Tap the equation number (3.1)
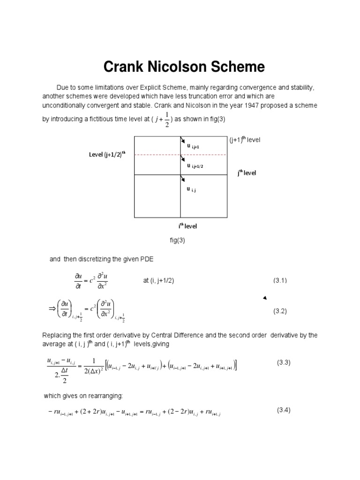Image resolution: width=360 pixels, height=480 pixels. tap(280, 280)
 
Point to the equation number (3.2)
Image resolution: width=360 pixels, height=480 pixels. tap(280, 311)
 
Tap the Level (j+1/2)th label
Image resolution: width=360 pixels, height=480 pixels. tap(107, 154)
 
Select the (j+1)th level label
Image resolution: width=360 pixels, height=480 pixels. tap(245, 140)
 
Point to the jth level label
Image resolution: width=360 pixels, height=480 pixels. tap(247, 172)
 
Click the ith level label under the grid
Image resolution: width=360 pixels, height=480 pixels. tap(187, 226)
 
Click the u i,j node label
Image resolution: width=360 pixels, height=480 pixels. tap(191, 189)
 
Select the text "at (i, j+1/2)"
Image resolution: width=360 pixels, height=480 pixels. tap(162, 280)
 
